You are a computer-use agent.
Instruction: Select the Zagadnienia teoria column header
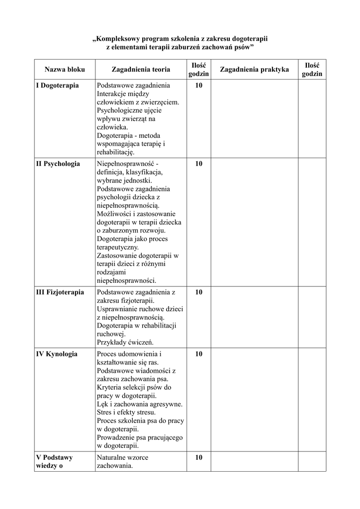[x=141, y=70]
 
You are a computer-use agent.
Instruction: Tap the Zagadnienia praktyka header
[x=254, y=70]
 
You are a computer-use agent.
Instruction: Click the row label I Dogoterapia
[x=58, y=85]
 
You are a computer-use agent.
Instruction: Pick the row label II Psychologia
[x=58, y=164]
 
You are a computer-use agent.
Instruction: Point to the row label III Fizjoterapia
[x=60, y=292]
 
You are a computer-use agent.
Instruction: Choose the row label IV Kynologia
[x=57, y=354]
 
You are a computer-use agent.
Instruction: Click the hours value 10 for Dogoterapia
[x=199, y=85]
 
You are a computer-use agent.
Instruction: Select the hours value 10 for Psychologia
[x=199, y=164]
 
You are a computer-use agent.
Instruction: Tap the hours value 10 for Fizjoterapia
[x=199, y=292]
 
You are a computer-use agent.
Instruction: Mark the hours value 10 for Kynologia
[x=199, y=354]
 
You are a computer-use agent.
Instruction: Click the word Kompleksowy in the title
[x=121, y=38]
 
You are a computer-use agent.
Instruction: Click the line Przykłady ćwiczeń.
[x=125, y=342]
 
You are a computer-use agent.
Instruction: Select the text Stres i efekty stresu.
[x=126, y=412]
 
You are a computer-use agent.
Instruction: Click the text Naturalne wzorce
[x=122, y=457]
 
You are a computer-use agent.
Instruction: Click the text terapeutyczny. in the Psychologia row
[x=118, y=247]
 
